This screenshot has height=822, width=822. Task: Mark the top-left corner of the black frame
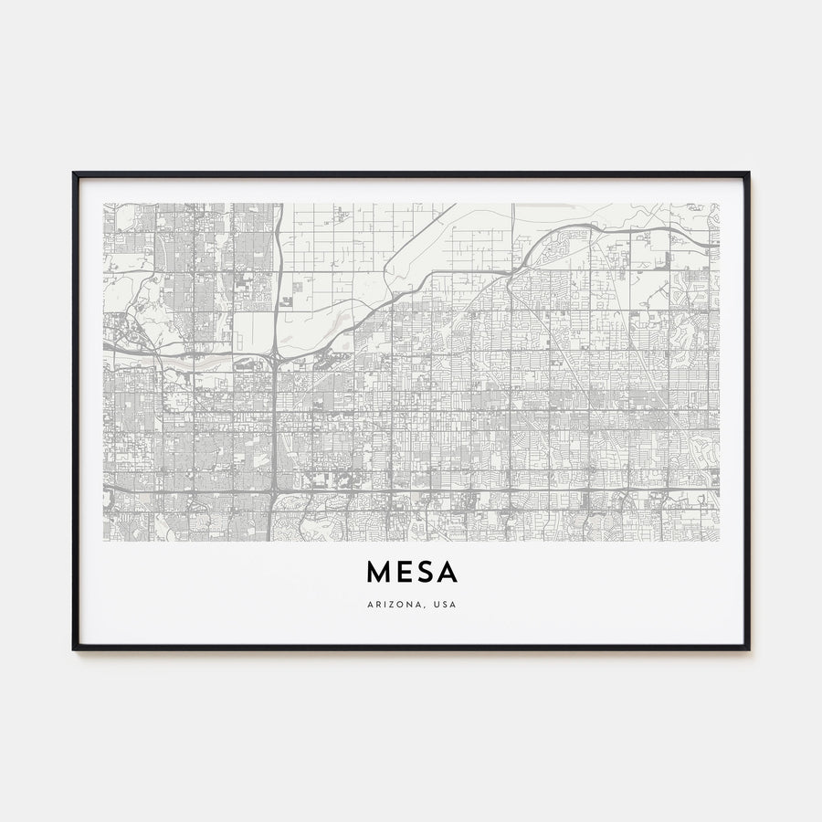tap(74, 173)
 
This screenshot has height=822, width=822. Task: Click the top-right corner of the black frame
tap(748, 173)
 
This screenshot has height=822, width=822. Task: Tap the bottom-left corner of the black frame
tap(74, 648)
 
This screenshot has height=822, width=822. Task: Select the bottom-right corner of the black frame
tap(748, 648)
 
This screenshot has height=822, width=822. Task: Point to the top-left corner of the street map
tap(104, 204)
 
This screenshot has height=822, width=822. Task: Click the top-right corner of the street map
tap(719, 204)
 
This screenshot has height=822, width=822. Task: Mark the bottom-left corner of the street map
tap(104, 541)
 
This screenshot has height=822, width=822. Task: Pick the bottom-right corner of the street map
tap(719, 541)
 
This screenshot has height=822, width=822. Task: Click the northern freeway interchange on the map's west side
tap(274, 353)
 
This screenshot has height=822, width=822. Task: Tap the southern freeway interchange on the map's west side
tap(274, 492)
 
